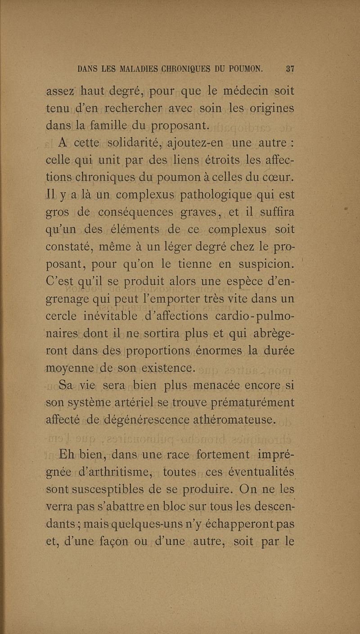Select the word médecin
pyautogui.click(x=245, y=91)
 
